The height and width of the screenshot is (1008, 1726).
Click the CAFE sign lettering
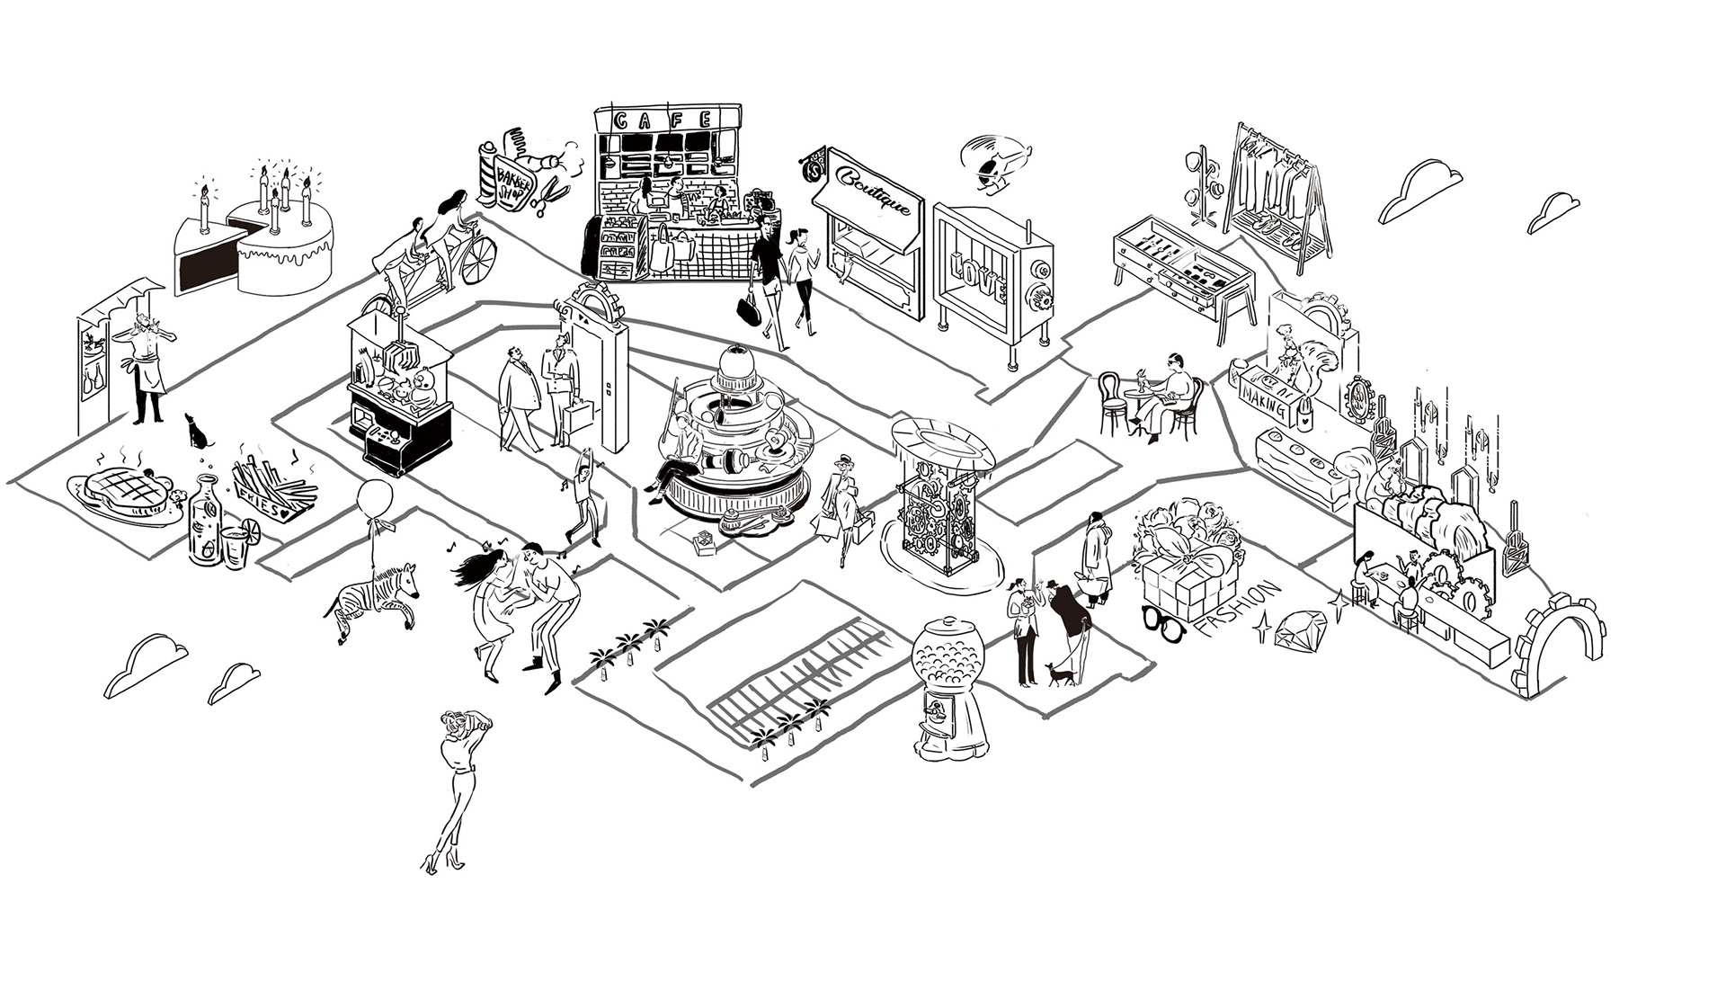coord(666,120)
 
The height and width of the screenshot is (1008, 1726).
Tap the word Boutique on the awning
coord(878,191)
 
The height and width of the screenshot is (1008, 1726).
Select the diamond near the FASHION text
coord(1298,629)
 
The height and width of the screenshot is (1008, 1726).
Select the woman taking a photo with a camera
coord(458,782)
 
